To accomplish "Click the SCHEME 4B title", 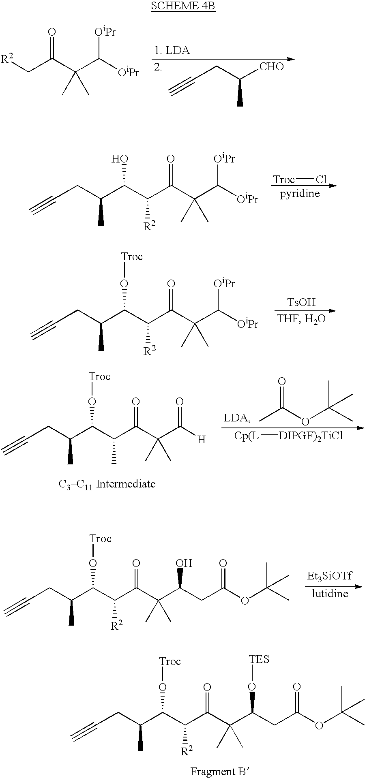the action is (x=183, y=6).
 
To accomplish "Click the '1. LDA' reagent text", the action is (x=172, y=51).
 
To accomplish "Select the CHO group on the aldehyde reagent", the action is (x=271, y=66).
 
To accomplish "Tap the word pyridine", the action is (x=300, y=194).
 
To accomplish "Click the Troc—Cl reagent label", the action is (x=300, y=179).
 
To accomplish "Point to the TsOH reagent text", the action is (x=301, y=302).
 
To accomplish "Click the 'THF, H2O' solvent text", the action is (x=301, y=318).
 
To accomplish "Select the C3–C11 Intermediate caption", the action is (x=107, y=484).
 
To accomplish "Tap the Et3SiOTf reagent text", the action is (x=329, y=576).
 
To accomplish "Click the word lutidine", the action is (x=330, y=594).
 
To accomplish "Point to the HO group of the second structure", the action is (x=119, y=159).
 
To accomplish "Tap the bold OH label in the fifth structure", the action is (x=184, y=563).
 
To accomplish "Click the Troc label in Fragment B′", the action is (x=170, y=661).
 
